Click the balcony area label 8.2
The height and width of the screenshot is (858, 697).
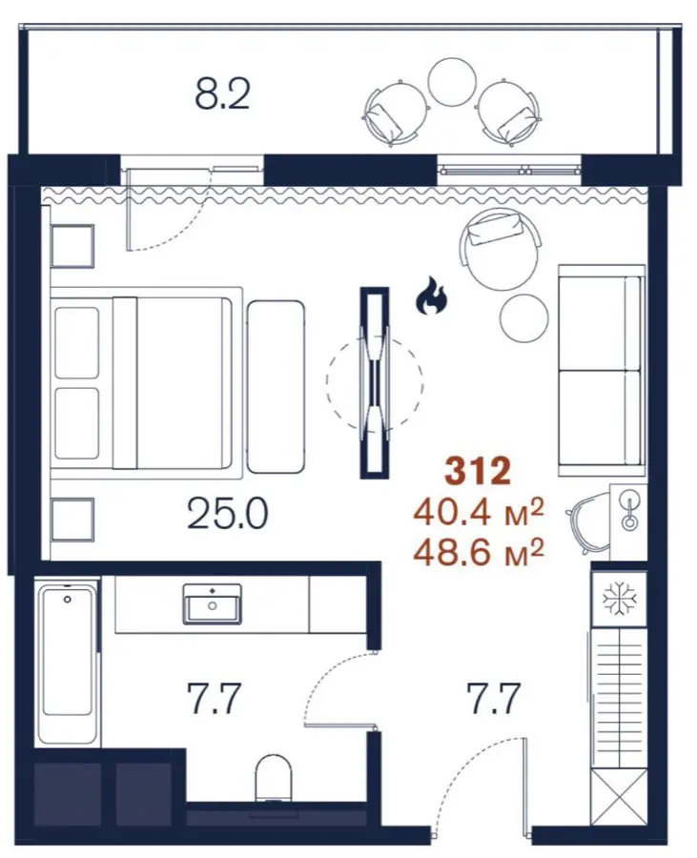(x=222, y=94)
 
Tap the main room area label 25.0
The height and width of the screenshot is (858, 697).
(x=227, y=515)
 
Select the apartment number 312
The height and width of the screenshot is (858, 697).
(x=478, y=472)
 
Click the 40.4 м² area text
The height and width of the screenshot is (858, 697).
(x=479, y=513)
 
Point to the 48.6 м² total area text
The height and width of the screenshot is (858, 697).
(x=479, y=553)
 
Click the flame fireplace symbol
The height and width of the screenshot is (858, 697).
(x=432, y=296)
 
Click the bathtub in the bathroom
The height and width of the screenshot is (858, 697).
(x=67, y=664)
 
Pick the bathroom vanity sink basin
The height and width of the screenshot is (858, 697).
(x=213, y=603)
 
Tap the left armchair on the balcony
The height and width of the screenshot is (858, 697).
(x=395, y=113)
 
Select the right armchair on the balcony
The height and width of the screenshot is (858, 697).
(x=509, y=113)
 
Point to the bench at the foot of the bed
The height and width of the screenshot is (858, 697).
(x=276, y=386)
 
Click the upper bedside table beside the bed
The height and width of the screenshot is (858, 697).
(x=72, y=246)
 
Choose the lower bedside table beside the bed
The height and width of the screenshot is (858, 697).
(x=72, y=519)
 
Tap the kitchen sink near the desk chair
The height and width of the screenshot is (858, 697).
(x=629, y=511)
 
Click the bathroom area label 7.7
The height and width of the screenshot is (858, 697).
(x=214, y=698)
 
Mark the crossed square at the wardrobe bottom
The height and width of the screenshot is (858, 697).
(x=620, y=796)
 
